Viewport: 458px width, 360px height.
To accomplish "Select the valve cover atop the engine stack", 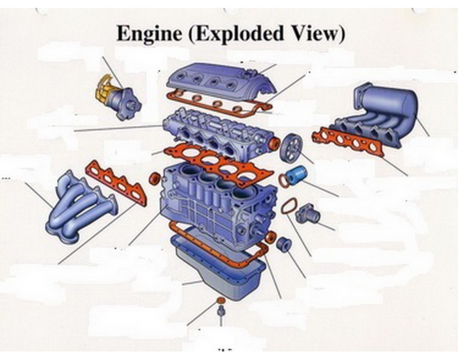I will point(219,81).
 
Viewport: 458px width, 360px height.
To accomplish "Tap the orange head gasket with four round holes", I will point(220,163).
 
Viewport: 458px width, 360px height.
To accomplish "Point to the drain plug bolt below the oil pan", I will point(220,317).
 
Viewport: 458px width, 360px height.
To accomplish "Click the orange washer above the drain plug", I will point(220,302).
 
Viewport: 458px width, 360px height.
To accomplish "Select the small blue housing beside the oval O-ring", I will point(307,213).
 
